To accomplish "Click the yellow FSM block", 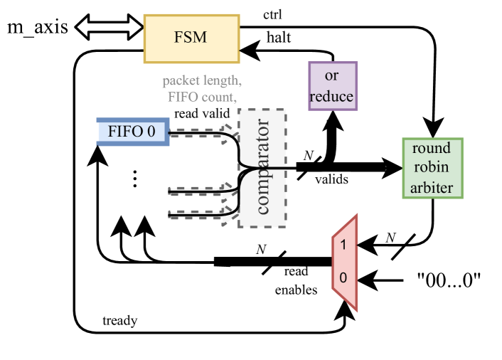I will tap(191, 36).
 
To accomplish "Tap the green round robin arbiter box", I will tap(432, 168).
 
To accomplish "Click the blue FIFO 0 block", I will tap(133, 132).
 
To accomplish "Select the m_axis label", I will tap(38, 28).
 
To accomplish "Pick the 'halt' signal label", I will tap(277, 38).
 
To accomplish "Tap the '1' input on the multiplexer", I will tap(343, 245).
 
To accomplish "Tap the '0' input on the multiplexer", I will tap(343, 278).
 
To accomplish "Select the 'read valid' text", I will tap(202, 112).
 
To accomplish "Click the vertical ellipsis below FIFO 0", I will tap(134, 179).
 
